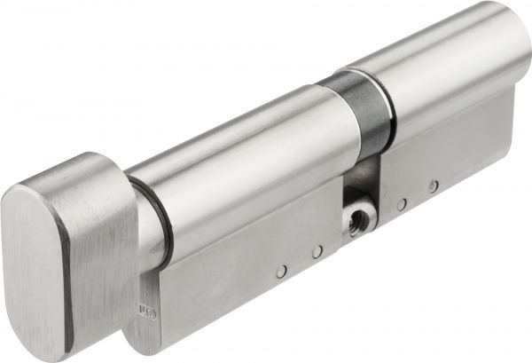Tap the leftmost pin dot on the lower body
[281, 272]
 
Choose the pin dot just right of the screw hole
[402, 204]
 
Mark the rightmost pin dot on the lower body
[433, 186]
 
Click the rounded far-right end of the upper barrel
[523, 53]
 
